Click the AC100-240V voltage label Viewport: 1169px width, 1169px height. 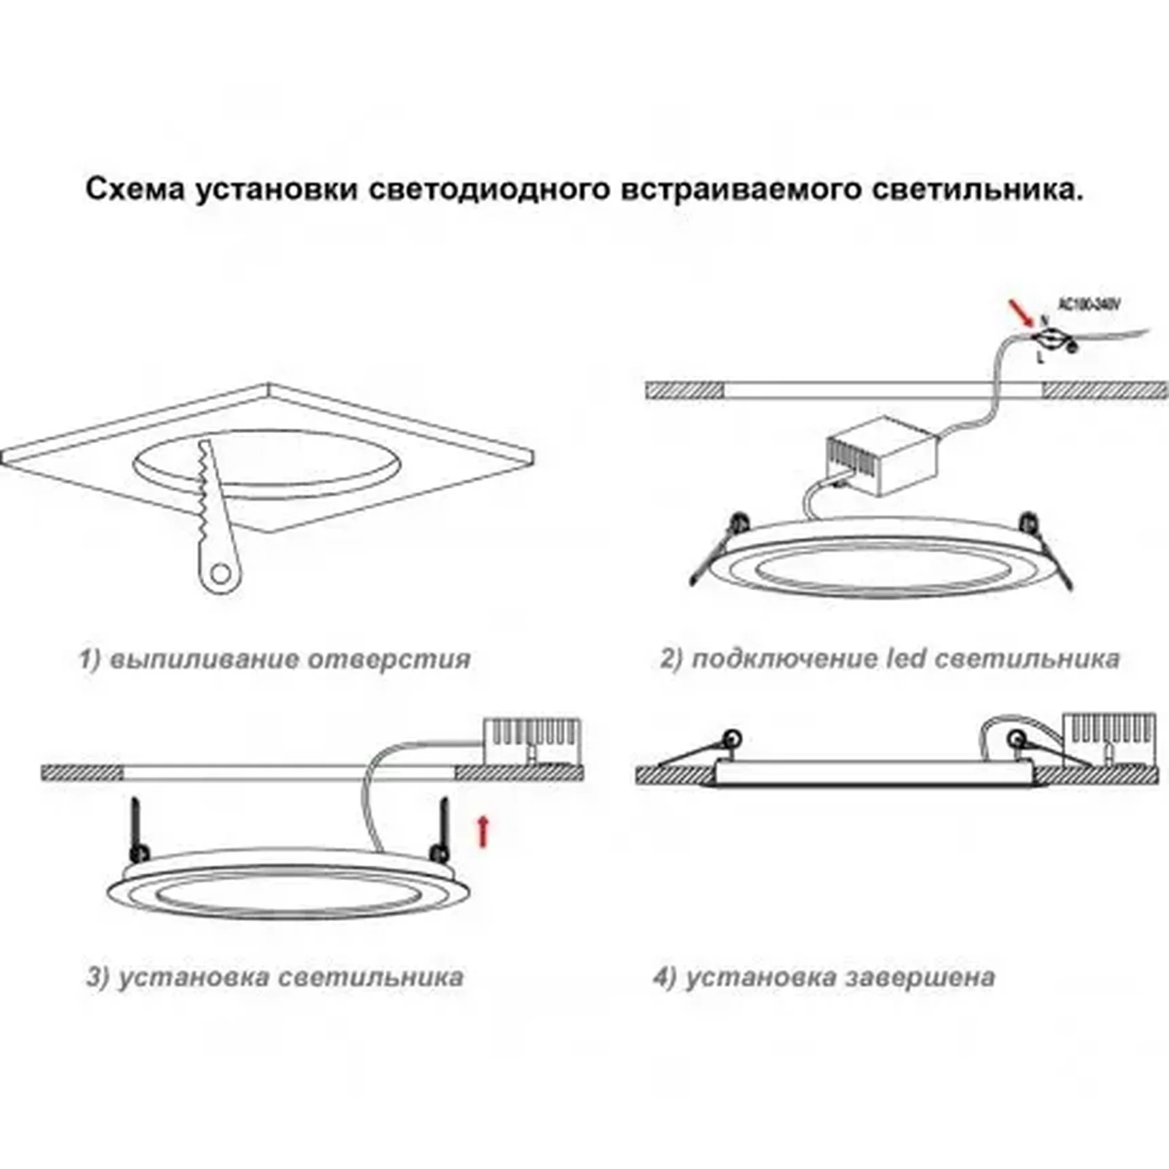coord(1089,306)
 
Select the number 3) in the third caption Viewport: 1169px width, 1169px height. coord(98,977)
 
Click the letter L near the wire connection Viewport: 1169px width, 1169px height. coord(1040,357)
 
